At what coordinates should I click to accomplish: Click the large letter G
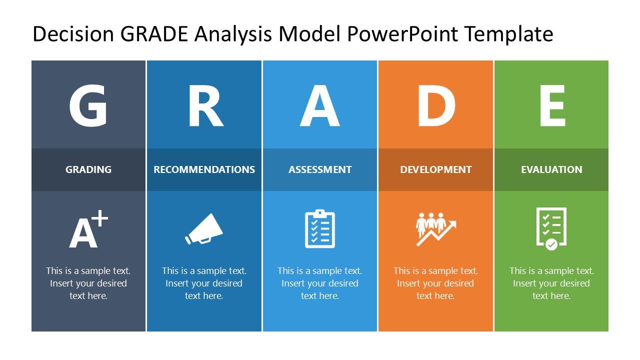click(x=88, y=106)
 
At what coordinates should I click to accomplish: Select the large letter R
click(x=204, y=106)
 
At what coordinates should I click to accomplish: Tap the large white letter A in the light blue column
click(x=319, y=106)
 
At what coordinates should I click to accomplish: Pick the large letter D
click(x=435, y=106)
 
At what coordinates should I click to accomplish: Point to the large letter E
click(x=551, y=106)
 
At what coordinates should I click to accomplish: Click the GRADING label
click(x=88, y=169)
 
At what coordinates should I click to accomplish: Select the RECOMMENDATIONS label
click(x=204, y=169)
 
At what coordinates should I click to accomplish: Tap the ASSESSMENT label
click(x=320, y=169)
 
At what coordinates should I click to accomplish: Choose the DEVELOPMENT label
click(x=435, y=169)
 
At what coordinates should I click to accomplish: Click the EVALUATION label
click(x=551, y=169)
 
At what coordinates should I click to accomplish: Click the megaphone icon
click(x=204, y=229)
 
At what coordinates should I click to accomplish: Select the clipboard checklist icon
click(x=320, y=229)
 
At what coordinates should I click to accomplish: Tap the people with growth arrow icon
click(x=435, y=229)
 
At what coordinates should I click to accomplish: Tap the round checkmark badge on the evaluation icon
click(x=551, y=244)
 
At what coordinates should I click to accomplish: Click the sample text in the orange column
click(x=435, y=283)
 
